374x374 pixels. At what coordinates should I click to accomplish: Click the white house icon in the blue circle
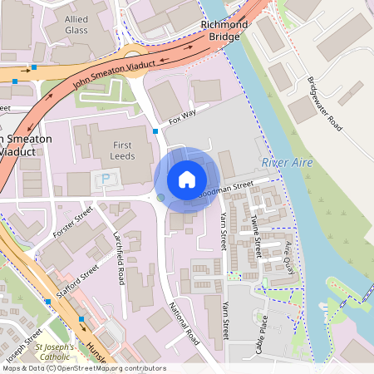pos(187,180)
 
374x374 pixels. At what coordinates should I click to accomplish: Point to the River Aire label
pos(287,162)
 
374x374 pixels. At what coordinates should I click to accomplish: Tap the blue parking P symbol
pos(106,179)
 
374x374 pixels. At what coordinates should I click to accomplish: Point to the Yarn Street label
pos(224,232)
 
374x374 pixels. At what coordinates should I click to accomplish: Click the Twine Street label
pos(256,235)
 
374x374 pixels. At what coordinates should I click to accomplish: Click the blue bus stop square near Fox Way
pos(155,131)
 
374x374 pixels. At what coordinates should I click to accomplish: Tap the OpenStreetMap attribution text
pos(83,368)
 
